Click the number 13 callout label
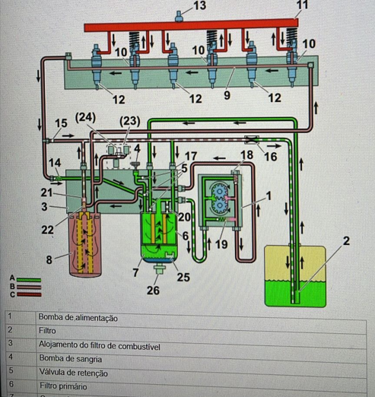click(x=200, y=5)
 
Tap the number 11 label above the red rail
click(x=302, y=5)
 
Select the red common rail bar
click(x=191, y=26)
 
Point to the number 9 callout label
click(x=227, y=95)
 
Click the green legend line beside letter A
click(x=29, y=280)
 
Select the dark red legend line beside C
click(x=29, y=294)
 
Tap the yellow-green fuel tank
click(x=295, y=276)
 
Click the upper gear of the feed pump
click(x=218, y=192)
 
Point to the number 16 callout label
click(x=271, y=157)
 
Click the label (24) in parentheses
click(x=85, y=118)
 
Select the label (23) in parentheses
click(x=130, y=121)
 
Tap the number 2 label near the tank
click(x=346, y=241)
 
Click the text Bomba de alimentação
click(x=78, y=318)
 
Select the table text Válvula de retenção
click(x=73, y=373)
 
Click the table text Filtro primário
click(x=63, y=386)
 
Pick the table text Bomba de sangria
click(x=71, y=359)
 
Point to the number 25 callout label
click(x=183, y=277)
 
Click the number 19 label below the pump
click(x=221, y=244)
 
